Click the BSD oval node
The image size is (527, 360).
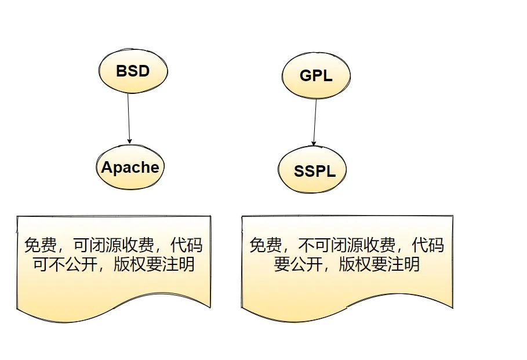tap(132, 71)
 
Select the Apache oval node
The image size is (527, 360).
tap(130, 168)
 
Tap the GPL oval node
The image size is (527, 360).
tap(316, 75)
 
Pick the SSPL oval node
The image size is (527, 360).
tap(315, 171)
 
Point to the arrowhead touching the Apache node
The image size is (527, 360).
tap(129, 140)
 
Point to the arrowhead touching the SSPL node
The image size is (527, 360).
tap(314, 143)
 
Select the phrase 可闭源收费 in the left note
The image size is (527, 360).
tap(112, 246)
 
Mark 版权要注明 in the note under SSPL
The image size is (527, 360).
tap(379, 266)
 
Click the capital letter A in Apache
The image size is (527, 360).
tap(107, 168)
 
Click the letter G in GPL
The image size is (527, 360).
tap(306, 75)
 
